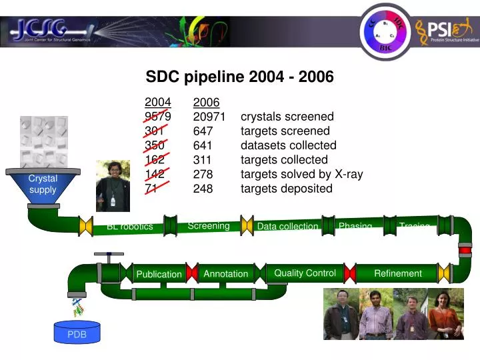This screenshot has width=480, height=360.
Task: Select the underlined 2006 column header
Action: (x=206, y=103)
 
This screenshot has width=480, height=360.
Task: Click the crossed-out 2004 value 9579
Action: (x=158, y=117)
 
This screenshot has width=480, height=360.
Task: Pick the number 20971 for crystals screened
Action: (x=209, y=117)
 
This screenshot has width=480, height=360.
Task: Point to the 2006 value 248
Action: (x=203, y=189)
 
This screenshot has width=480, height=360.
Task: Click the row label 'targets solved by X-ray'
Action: (x=301, y=174)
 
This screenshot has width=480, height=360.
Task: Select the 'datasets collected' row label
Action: (x=288, y=145)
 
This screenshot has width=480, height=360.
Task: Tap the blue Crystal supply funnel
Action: (x=43, y=185)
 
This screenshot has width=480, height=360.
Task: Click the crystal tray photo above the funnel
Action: (x=44, y=141)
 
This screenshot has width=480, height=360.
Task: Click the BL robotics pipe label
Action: (x=129, y=227)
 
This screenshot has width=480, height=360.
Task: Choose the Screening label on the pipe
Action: (x=209, y=226)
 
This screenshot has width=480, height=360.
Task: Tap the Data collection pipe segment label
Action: (x=287, y=227)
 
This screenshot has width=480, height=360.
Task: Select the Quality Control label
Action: (x=305, y=273)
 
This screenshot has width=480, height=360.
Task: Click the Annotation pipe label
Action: (x=225, y=273)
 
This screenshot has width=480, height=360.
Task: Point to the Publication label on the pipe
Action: (x=159, y=274)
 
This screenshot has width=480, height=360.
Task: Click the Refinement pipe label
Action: (x=397, y=273)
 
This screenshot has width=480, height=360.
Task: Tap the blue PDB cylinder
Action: (x=77, y=333)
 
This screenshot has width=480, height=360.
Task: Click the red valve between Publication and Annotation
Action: (x=192, y=273)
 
